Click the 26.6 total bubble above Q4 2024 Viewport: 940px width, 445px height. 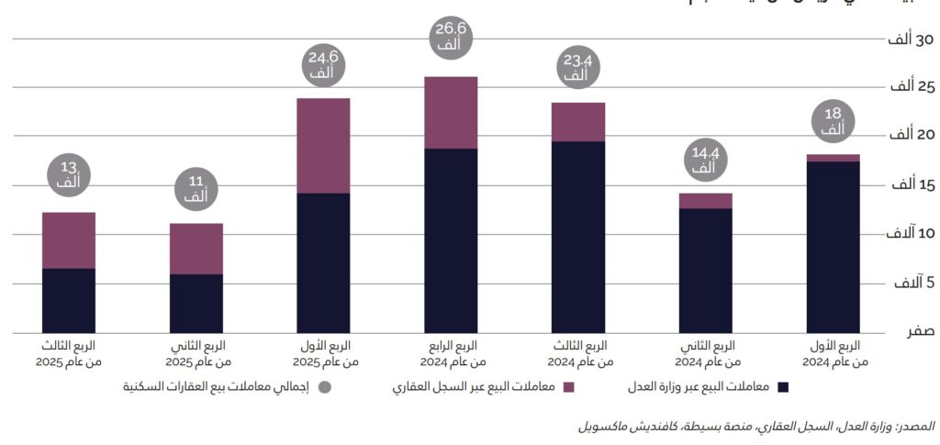point(450,38)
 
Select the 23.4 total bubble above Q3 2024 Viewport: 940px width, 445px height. point(577,69)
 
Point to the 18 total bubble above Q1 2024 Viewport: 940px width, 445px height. point(833,122)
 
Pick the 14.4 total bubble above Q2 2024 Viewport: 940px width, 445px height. point(705,161)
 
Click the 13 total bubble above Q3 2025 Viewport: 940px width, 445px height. point(69,176)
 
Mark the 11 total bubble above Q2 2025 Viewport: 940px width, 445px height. point(196,190)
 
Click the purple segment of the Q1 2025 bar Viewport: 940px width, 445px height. point(323,145)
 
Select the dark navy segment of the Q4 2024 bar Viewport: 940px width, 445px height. point(451,239)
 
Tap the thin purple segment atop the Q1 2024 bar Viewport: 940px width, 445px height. point(833,158)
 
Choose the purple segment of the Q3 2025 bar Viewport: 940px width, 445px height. point(69,240)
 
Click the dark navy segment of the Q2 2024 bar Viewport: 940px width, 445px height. point(705,270)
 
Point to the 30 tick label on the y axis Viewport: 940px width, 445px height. point(910,39)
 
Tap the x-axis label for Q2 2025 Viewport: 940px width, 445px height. point(196,354)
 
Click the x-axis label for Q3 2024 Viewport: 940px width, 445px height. point(578,354)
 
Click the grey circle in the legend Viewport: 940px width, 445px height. point(324,387)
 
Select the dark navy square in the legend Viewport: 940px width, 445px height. point(782,387)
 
